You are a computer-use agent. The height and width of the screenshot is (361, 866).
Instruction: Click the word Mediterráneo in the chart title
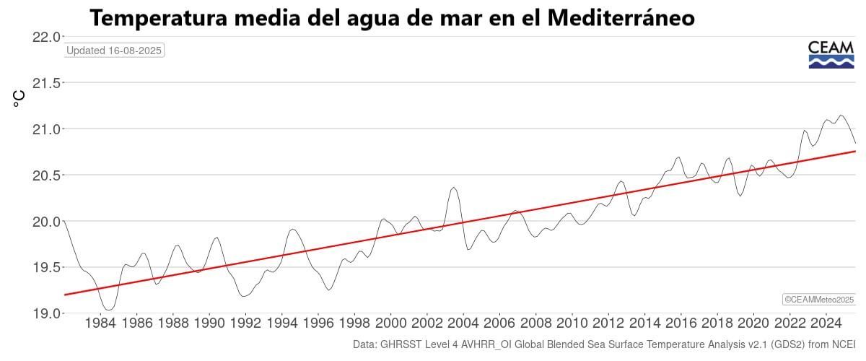point(621,18)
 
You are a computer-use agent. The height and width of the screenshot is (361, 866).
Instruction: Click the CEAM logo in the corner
point(831,55)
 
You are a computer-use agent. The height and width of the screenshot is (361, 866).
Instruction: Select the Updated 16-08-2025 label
point(115,51)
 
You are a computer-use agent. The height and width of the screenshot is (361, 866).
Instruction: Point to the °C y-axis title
point(19,99)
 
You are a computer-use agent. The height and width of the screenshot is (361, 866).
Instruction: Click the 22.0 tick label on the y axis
point(45,37)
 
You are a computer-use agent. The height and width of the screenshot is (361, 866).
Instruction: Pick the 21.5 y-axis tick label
point(45,83)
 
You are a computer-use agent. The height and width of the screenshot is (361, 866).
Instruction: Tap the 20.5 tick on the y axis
point(45,175)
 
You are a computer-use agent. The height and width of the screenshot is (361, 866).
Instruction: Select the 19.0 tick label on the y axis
point(45,313)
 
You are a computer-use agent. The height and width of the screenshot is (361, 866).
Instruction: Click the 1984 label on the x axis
point(100,323)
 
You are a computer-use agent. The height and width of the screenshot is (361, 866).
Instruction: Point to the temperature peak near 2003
point(454,188)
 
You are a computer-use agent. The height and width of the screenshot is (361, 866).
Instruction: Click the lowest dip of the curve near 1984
point(108,310)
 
